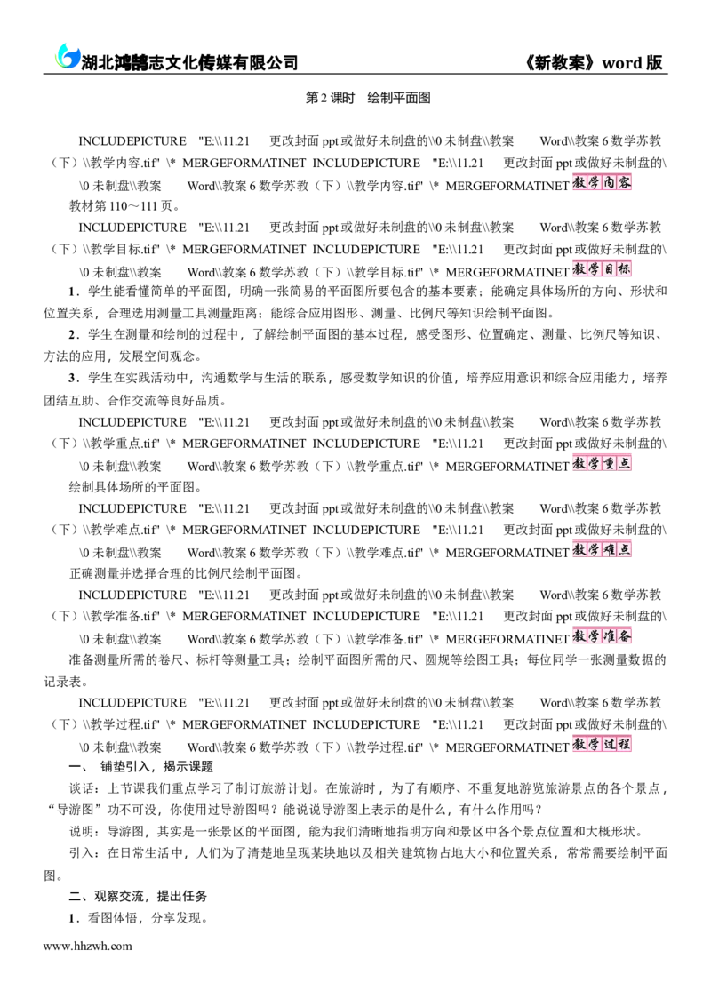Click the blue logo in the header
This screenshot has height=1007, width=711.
[x=67, y=57]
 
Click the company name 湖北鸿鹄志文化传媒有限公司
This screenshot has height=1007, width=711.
[x=189, y=62]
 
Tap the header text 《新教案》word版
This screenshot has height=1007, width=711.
[x=594, y=62]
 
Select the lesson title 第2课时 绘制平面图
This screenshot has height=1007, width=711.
[x=368, y=98]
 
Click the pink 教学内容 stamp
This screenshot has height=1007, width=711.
[x=602, y=183]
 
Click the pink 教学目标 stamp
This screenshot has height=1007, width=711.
[x=602, y=269]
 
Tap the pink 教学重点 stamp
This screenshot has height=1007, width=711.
[x=602, y=463]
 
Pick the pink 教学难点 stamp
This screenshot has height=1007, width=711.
[x=602, y=550]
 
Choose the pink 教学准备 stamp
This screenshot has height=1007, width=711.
[x=602, y=635]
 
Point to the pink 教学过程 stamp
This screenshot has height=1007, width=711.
[x=602, y=744]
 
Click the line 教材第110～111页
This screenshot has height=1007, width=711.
[x=125, y=206]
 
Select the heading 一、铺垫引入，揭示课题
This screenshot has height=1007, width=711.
[x=141, y=767]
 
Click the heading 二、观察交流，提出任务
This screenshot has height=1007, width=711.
[x=138, y=897]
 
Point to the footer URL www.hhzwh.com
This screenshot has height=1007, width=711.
[x=87, y=946]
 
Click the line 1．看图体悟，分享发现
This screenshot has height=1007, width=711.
[x=138, y=918]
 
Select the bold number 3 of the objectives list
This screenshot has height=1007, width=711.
[x=73, y=378]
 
